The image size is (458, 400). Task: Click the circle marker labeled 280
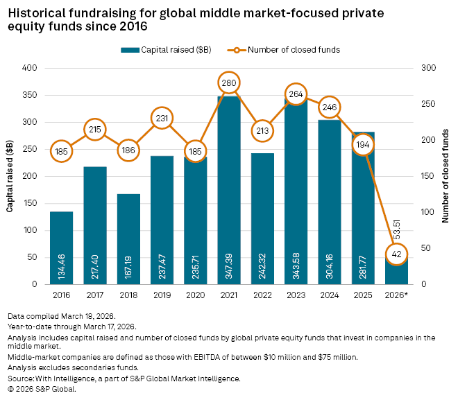tap(229, 83)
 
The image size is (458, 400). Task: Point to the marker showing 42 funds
tap(397, 254)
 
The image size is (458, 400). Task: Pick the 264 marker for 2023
tap(296, 95)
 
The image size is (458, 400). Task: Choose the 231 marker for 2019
tap(162, 119)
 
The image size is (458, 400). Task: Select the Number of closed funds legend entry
tap(300, 50)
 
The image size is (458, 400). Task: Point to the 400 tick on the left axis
tap(30, 69)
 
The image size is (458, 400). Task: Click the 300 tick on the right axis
tap(428, 69)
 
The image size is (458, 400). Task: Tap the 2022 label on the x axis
tap(262, 295)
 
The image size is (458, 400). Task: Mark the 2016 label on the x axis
tap(61, 295)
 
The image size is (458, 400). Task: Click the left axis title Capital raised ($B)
tap(12, 176)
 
